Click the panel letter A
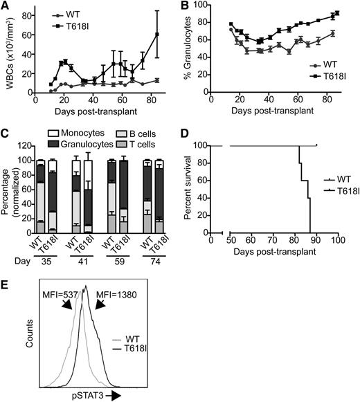6,6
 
